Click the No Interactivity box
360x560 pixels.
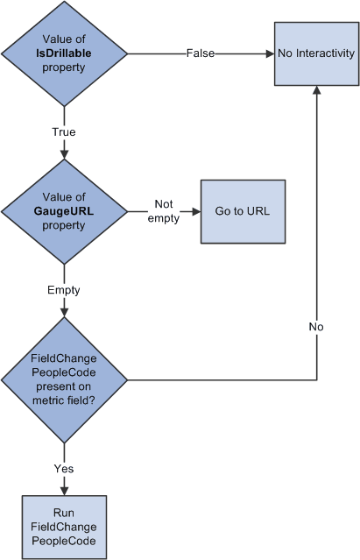315,53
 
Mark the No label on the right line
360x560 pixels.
315,327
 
